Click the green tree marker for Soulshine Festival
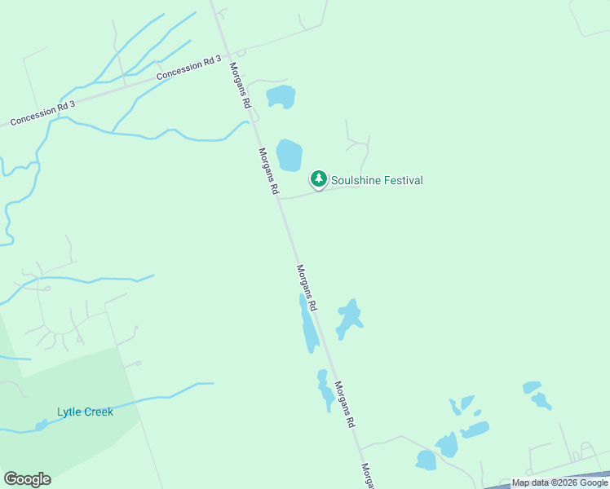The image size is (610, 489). pyautogui.click(x=318, y=178)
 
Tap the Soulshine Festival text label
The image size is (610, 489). pyautogui.click(x=377, y=180)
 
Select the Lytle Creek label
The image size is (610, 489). pyautogui.click(x=85, y=412)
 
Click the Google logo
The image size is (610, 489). pyautogui.click(x=27, y=479)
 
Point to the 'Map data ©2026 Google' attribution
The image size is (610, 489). pyautogui.click(x=559, y=483)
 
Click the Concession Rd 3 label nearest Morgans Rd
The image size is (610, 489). pyautogui.click(x=189, y=68)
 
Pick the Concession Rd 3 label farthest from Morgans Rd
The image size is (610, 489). pyautogui.click(x=42, y=113)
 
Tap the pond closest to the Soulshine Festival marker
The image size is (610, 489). pyautogui.click(x=289, y=155)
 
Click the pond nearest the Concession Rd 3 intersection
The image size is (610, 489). pyautogui.click(x=281, y=96)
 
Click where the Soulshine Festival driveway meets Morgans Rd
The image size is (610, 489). pyautogui.click(x=281, y=197)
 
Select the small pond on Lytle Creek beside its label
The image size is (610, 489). pyautogui.click(x=42, y=425)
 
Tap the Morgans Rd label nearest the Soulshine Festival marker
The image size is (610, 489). pyautogui.click(x=268, y=171)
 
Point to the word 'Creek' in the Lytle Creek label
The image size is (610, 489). pyautogui.click(x=99, y=412)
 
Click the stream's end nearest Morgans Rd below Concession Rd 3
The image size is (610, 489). pyautogui.click(x=246, y=123)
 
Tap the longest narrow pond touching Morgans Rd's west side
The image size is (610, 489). pyautogui.click(x=309, y=325)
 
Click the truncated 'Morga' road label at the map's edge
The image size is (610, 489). pyautogui.click(x=367, y=476)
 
